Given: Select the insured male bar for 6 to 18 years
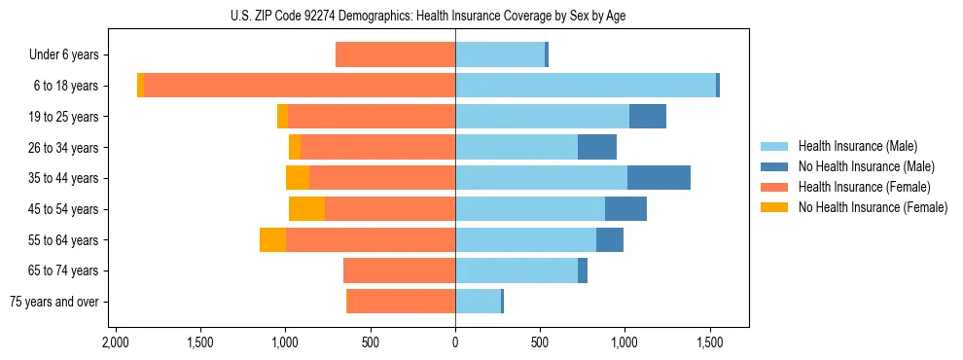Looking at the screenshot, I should coord(586,86).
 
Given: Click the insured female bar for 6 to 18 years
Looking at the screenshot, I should coord(300,86).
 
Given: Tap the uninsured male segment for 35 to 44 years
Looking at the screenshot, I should coord(659,178).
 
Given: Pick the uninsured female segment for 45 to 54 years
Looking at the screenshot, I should coord(306,209).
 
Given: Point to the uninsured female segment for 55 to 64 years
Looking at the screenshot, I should coord(272,240).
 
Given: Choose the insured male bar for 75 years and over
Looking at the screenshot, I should coord(478,302).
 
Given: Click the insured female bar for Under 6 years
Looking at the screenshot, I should coord(395,54).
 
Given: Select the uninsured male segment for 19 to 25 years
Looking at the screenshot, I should coord(648,117).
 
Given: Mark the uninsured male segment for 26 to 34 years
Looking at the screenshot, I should coord(597,147).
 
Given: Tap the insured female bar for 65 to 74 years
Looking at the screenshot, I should coord(399,270).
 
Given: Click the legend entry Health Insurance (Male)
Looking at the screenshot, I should coord(857,146).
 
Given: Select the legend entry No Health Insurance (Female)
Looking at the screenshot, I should coord(873,207).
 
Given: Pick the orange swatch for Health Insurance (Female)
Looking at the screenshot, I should coord(774,187).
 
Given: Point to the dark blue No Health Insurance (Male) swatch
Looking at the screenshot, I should coord(774,166).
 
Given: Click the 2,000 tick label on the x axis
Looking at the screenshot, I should coord(116,343).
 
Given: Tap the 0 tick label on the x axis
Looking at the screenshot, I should coord(455,343).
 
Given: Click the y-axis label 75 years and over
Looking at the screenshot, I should coord(54,302).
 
